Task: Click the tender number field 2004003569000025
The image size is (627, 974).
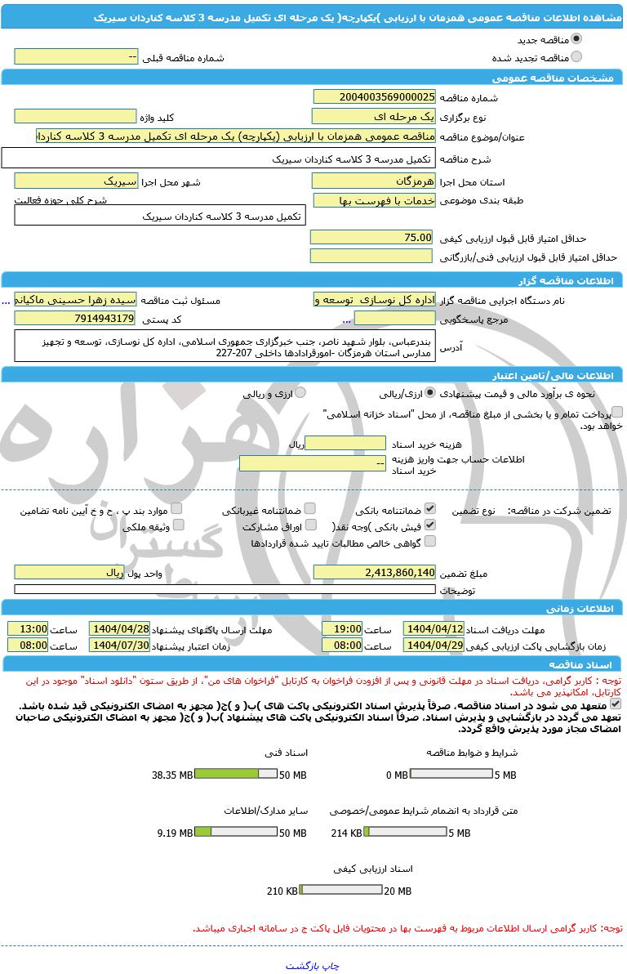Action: (375, 97)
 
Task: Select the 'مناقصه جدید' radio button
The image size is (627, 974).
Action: (576, 39)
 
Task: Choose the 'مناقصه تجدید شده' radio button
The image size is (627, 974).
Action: (576, 57)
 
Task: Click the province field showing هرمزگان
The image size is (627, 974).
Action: (374, 181)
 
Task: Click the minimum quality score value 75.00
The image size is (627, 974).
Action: (371, 237)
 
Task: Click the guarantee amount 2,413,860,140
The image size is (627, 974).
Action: (375, 573)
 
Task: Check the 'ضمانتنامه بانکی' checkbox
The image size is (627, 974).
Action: (430, 509)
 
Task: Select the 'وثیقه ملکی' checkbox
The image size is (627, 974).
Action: (179, 525)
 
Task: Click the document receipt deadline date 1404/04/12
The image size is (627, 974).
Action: (434, 629)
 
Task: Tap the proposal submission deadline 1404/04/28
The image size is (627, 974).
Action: (119, 629)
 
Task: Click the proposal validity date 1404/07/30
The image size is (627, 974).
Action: (119, 645)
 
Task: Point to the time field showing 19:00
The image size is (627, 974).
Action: (342, 629)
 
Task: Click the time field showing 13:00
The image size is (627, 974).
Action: (28, 629)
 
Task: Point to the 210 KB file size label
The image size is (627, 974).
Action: (282, 891)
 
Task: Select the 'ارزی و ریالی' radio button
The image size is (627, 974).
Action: (300, 393)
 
